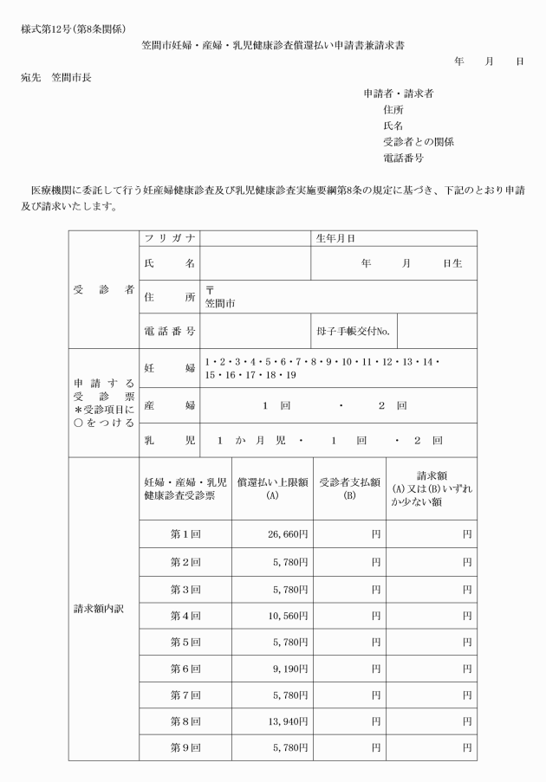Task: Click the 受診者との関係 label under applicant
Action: click(x=418, y=142)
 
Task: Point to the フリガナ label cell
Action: click(x=169, y=238)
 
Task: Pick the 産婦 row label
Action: click(x=169, y=405)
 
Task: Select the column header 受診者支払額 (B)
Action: click(x=345, y=490)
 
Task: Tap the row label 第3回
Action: click(x=185, y=590)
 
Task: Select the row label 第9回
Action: click(x=185, y=745)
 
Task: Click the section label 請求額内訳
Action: click(x=101, y=608)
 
